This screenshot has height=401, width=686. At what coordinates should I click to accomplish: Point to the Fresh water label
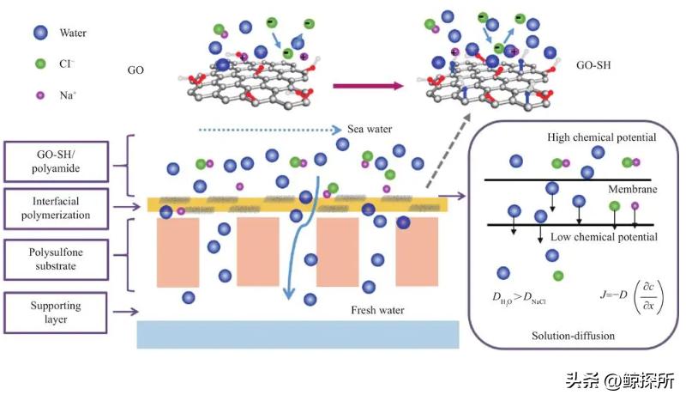click(377, 310)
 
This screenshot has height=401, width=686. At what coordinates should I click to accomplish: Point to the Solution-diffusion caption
click(573, 336)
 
